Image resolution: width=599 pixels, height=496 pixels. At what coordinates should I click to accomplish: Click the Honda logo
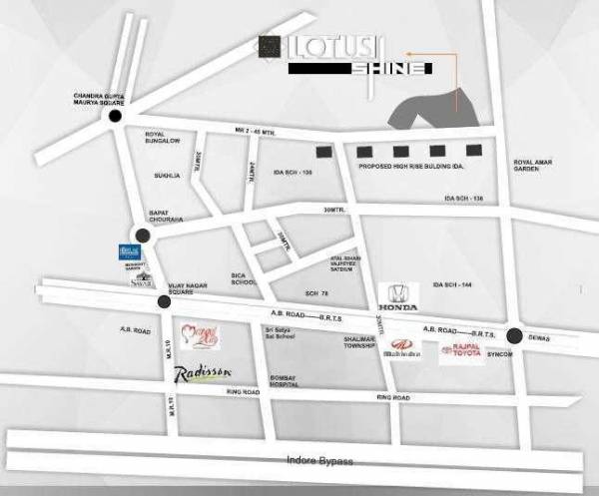(x=398, y=297)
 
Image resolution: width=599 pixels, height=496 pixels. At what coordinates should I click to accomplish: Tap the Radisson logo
(x=204, y=373)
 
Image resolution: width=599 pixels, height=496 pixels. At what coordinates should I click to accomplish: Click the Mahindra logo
(x=403, y=350)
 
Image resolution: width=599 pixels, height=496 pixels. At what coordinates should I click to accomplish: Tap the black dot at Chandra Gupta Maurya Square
(x=115, y=117)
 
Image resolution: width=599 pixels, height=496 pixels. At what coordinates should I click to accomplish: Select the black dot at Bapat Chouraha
(x=143, y=236)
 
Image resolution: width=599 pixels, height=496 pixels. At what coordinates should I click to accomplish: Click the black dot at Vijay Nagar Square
(x=165, y=300)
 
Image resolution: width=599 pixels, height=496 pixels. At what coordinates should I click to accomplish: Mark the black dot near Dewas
(x=514, y=335)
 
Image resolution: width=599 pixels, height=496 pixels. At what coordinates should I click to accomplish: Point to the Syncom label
(x=500, y=354)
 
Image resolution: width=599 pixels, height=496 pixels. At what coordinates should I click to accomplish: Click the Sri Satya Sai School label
(x=277, y=335)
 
